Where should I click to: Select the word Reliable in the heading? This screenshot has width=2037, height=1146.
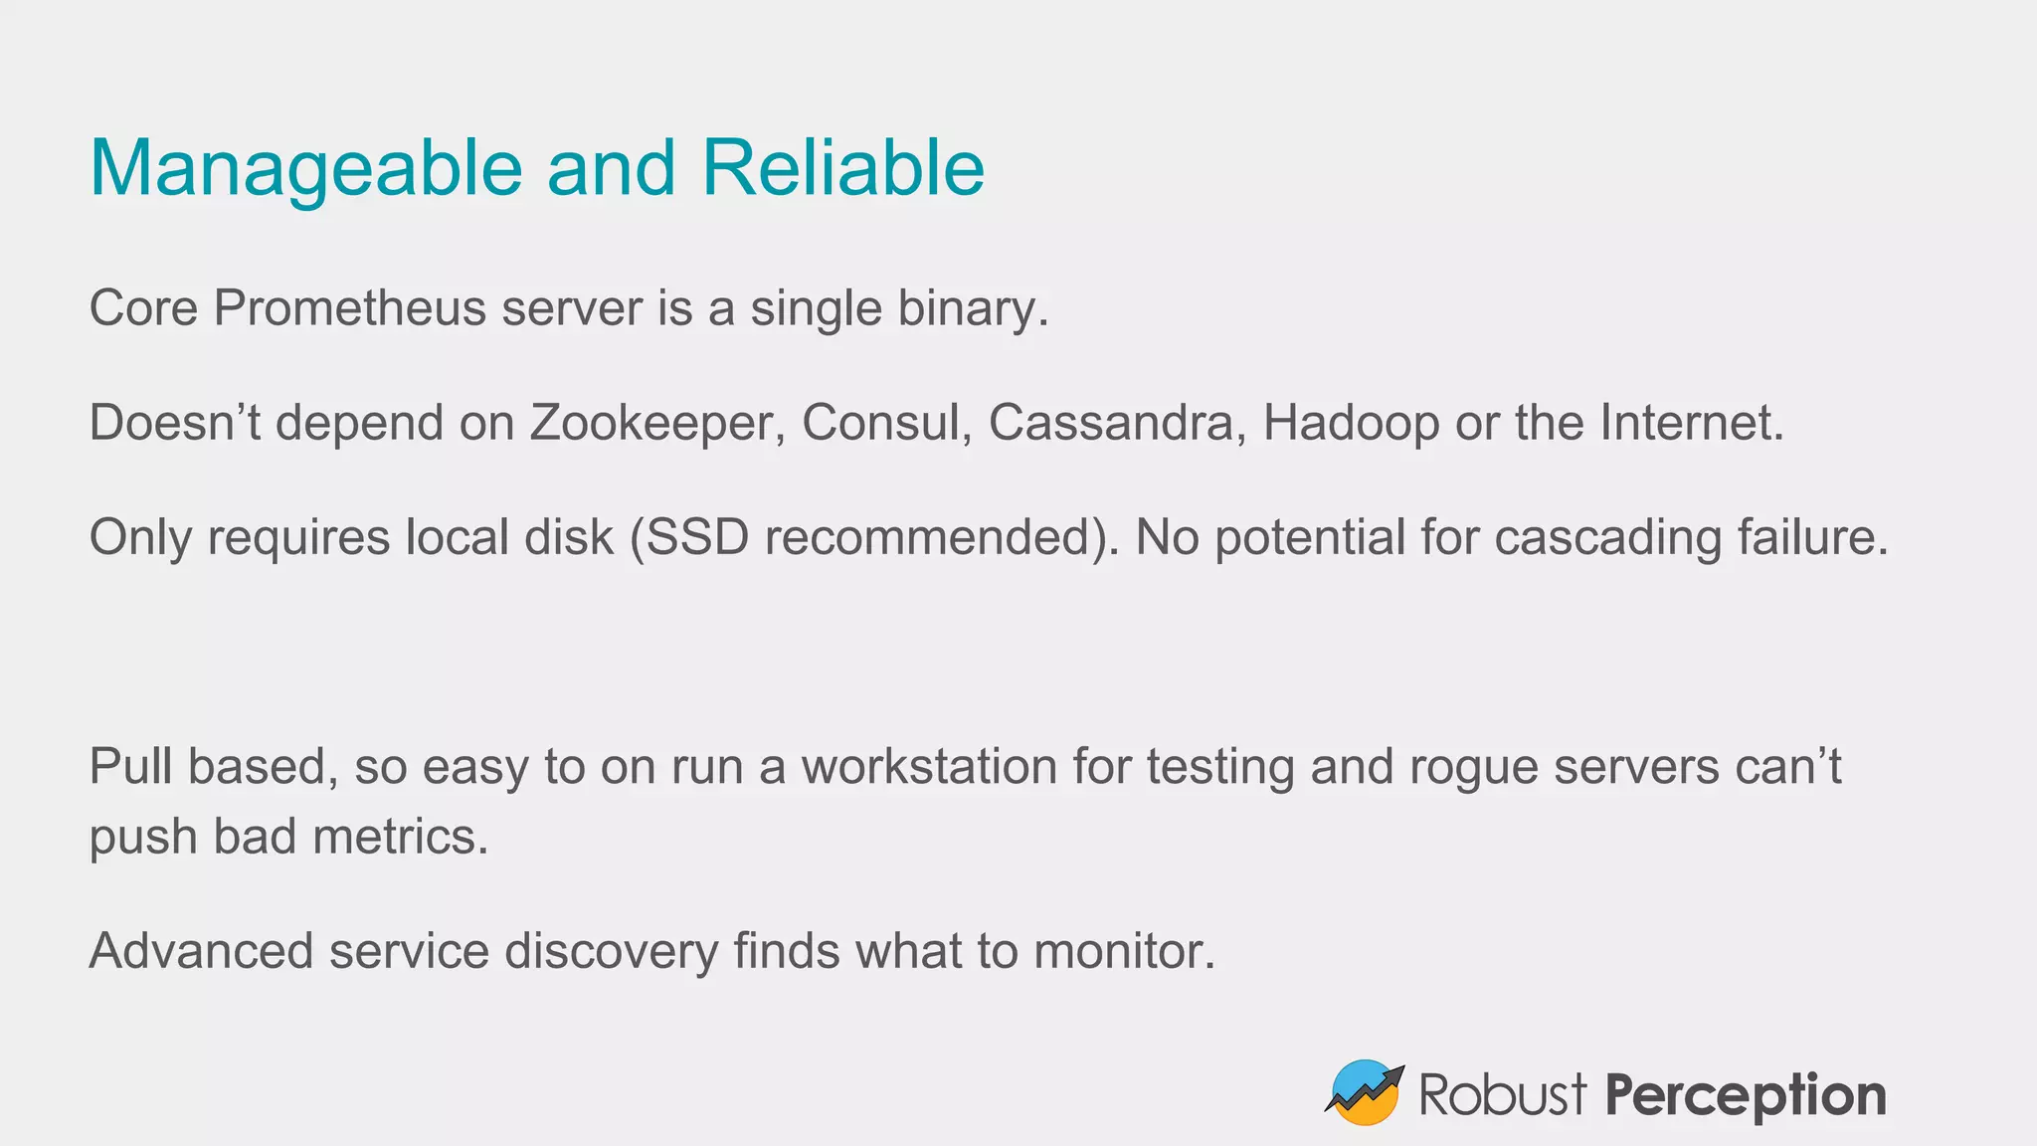click(842, 167)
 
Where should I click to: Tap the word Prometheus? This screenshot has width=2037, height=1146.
click(349, 308)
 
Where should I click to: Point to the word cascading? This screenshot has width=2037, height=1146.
click(1607, 538)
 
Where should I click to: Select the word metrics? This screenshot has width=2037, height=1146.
click(400, 837)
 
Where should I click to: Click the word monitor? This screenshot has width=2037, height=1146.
click(1124, 951)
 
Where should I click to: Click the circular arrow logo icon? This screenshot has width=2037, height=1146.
click(1365, 1092)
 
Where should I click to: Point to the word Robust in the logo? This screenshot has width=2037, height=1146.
click(1502, 1094)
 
